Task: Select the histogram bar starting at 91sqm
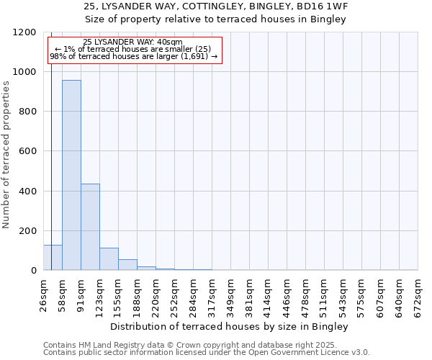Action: tap(90, 227)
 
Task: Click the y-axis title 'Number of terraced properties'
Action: tap(6, 155)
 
